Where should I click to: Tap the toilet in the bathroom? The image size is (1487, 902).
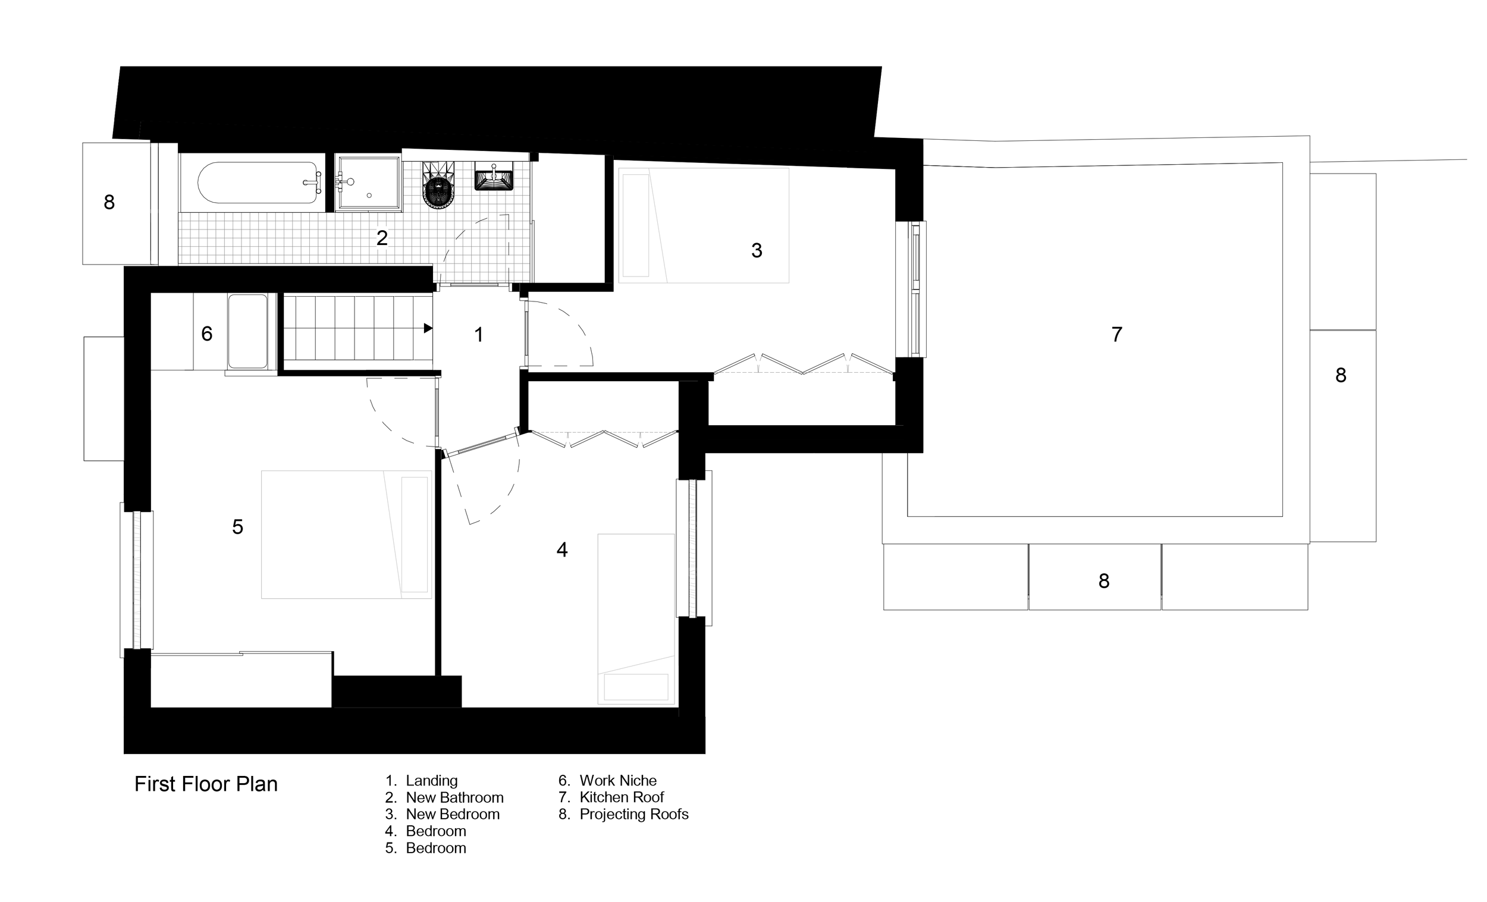click(x=438, y=187)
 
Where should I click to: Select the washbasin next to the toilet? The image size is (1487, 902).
click(x=494, y=176)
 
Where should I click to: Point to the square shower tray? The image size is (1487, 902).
click(x=368, y=183)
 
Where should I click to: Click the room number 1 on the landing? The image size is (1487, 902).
click(x=479, y=335)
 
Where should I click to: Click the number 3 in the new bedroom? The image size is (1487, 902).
click(x=756, y=250)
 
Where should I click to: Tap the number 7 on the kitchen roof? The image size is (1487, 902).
click(x=1116, y=334)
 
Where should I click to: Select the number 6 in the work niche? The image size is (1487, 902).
click(x=206, y=334)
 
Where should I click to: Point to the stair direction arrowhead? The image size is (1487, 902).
click(x=428, y=328)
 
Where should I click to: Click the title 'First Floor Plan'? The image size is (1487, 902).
click(x=206, y=784)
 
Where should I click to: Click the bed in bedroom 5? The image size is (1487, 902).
click(x=346, y=534)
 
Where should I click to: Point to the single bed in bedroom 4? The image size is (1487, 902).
click(x=635, y=618)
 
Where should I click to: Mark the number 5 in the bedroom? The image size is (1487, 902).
click(x=238, y=527)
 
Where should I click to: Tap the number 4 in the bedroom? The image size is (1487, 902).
click(x=562, y=549)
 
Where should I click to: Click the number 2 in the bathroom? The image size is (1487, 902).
click(x=381, y=238)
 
